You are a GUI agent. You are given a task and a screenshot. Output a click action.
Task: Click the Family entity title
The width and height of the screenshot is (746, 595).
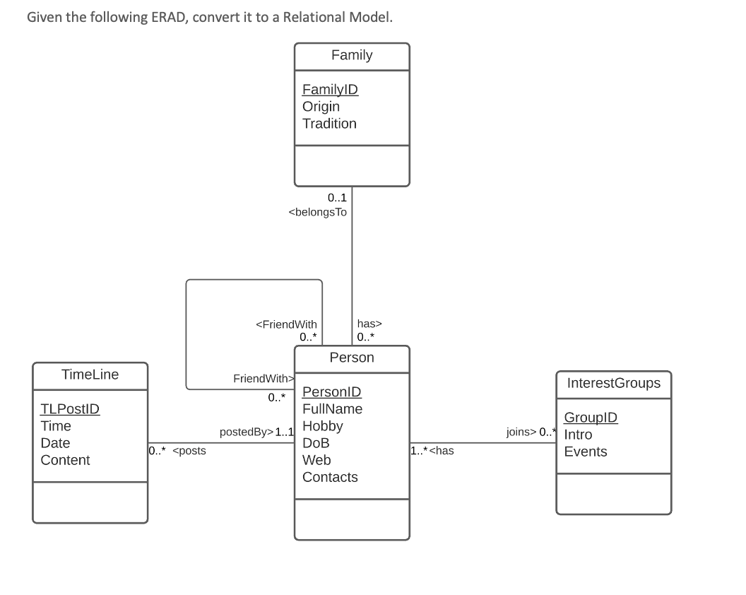coord(351,56)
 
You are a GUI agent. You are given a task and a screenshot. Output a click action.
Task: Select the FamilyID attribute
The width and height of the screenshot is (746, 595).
coord(330,90)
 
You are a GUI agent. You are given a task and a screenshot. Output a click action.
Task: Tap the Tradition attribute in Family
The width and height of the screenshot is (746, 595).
coord(329,124)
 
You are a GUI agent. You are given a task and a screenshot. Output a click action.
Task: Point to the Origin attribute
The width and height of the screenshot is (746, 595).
coord(321,107)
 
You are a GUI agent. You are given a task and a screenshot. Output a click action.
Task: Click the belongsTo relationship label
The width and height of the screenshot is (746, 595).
coord(318,212)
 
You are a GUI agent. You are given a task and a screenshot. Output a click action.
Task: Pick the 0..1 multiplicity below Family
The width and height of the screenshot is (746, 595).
coord(337,199)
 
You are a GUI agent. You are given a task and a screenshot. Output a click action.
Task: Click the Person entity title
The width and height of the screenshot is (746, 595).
coord(351,358)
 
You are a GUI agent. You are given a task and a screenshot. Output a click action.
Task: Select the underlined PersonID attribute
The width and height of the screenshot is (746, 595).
coord(331,392)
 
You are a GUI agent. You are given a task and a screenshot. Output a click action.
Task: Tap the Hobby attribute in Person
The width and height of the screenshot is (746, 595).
coord(322,426)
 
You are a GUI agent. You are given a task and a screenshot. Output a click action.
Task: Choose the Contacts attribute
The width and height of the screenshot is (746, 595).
coord(330,477)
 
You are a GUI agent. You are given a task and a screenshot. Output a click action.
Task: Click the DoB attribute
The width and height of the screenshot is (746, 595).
coord(316,443)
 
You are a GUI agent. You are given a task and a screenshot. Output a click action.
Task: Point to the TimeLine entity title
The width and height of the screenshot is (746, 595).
coord(90,375)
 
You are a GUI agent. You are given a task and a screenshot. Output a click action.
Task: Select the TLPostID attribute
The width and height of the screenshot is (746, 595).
coord(70,409)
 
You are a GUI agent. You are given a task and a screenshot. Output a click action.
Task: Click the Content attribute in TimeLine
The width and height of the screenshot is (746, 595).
coord(65,460)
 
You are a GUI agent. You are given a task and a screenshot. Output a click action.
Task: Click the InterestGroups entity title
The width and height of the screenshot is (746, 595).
coord(613,384)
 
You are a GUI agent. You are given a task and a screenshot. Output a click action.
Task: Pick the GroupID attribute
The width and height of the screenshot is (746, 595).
coord(591,418)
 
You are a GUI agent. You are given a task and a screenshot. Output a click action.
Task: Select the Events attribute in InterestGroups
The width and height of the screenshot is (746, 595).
coord(585,452)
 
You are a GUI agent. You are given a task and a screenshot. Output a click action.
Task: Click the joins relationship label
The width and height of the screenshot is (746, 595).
coord(521,432)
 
